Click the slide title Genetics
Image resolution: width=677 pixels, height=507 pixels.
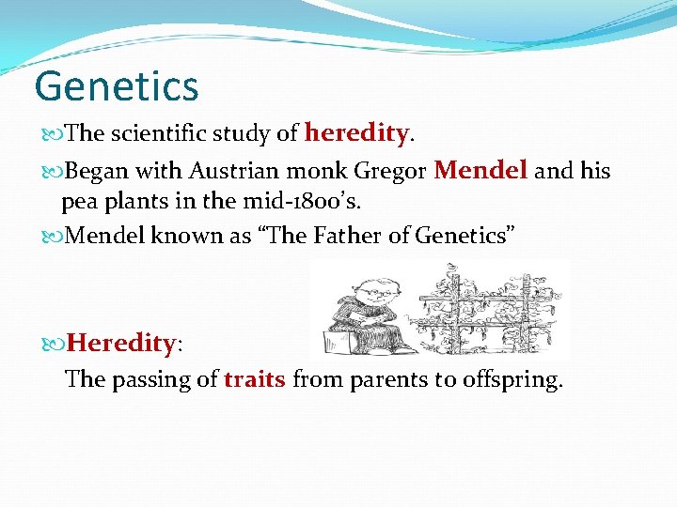tap(117, 86)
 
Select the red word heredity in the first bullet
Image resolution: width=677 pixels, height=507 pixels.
tap(356, 134)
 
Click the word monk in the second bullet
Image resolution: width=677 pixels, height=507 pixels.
tap(321, 172)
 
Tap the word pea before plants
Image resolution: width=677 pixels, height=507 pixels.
tap(81, 202)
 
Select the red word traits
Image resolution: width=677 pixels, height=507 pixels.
tap(255, 379)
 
